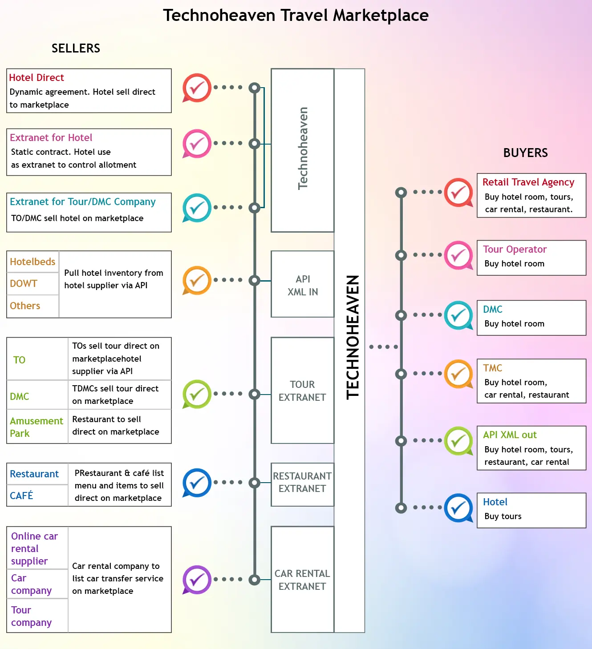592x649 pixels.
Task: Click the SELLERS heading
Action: (x=76, y=48)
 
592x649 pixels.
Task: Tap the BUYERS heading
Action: (x=525, y=153)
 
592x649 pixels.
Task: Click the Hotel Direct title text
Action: (x=36, y=77)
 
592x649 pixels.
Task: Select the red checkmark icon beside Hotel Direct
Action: (x=196, y=87)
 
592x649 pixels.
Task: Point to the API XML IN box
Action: (x=303, y=285)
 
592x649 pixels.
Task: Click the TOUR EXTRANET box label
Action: (x=302, y=391)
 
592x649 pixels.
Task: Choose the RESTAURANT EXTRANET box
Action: (x=302, y=483)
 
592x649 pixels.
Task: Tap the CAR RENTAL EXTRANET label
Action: (x=302, y=580)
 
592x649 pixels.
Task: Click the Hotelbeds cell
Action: (x=32, y=262)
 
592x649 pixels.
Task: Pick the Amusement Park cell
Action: (x=36, y=427)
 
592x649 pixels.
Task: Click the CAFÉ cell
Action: (x=21, y=496)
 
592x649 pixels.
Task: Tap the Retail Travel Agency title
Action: (x=528, y=182)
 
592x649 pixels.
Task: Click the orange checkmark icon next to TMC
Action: (x=458, y=374)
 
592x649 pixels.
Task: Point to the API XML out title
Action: (x=510, y=435)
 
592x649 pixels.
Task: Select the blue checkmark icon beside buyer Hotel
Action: (x=458, y=508)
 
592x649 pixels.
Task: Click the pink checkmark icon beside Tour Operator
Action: (x=458, y=255)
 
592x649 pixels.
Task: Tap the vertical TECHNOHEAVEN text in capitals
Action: (x=353, y=337)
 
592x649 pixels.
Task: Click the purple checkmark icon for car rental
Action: (x=196, y=579)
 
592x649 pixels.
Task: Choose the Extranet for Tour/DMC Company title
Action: (x=83, y=202)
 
